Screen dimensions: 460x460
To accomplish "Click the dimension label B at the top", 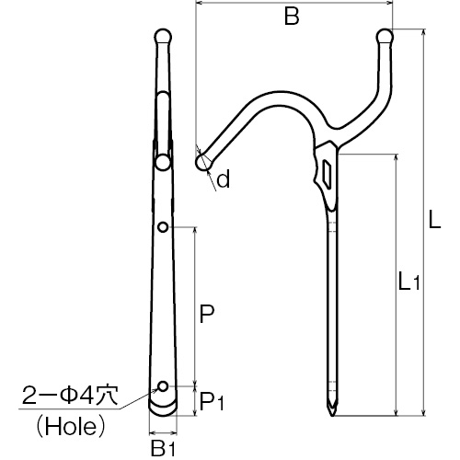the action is (292, 17).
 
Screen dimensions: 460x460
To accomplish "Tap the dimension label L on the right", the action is (434, 219).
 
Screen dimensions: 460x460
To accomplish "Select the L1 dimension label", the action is (408, 282).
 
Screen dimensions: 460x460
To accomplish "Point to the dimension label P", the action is (206, 314).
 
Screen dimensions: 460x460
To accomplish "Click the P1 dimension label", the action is (212, 401).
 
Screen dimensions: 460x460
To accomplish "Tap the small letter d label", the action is (223, 178).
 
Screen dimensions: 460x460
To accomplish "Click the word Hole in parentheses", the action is (71, 427).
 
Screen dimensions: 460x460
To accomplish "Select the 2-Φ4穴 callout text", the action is (70, 396).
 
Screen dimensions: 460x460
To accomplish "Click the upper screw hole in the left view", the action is (163, 227).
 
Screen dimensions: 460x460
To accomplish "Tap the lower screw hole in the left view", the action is (163, 386).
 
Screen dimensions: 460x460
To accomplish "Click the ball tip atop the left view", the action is (163, 37).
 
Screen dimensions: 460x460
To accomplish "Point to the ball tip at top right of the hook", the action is (385, 37).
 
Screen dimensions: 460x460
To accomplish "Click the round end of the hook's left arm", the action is (202, 162).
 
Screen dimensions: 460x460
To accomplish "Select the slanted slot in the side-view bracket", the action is (328, 175).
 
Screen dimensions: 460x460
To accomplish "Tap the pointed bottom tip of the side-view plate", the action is (332, 415).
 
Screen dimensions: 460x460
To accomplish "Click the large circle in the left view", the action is (163, 163).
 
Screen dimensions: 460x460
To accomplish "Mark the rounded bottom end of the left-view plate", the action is (163, 408).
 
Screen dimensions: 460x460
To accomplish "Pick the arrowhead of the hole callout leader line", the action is (155, 391).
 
